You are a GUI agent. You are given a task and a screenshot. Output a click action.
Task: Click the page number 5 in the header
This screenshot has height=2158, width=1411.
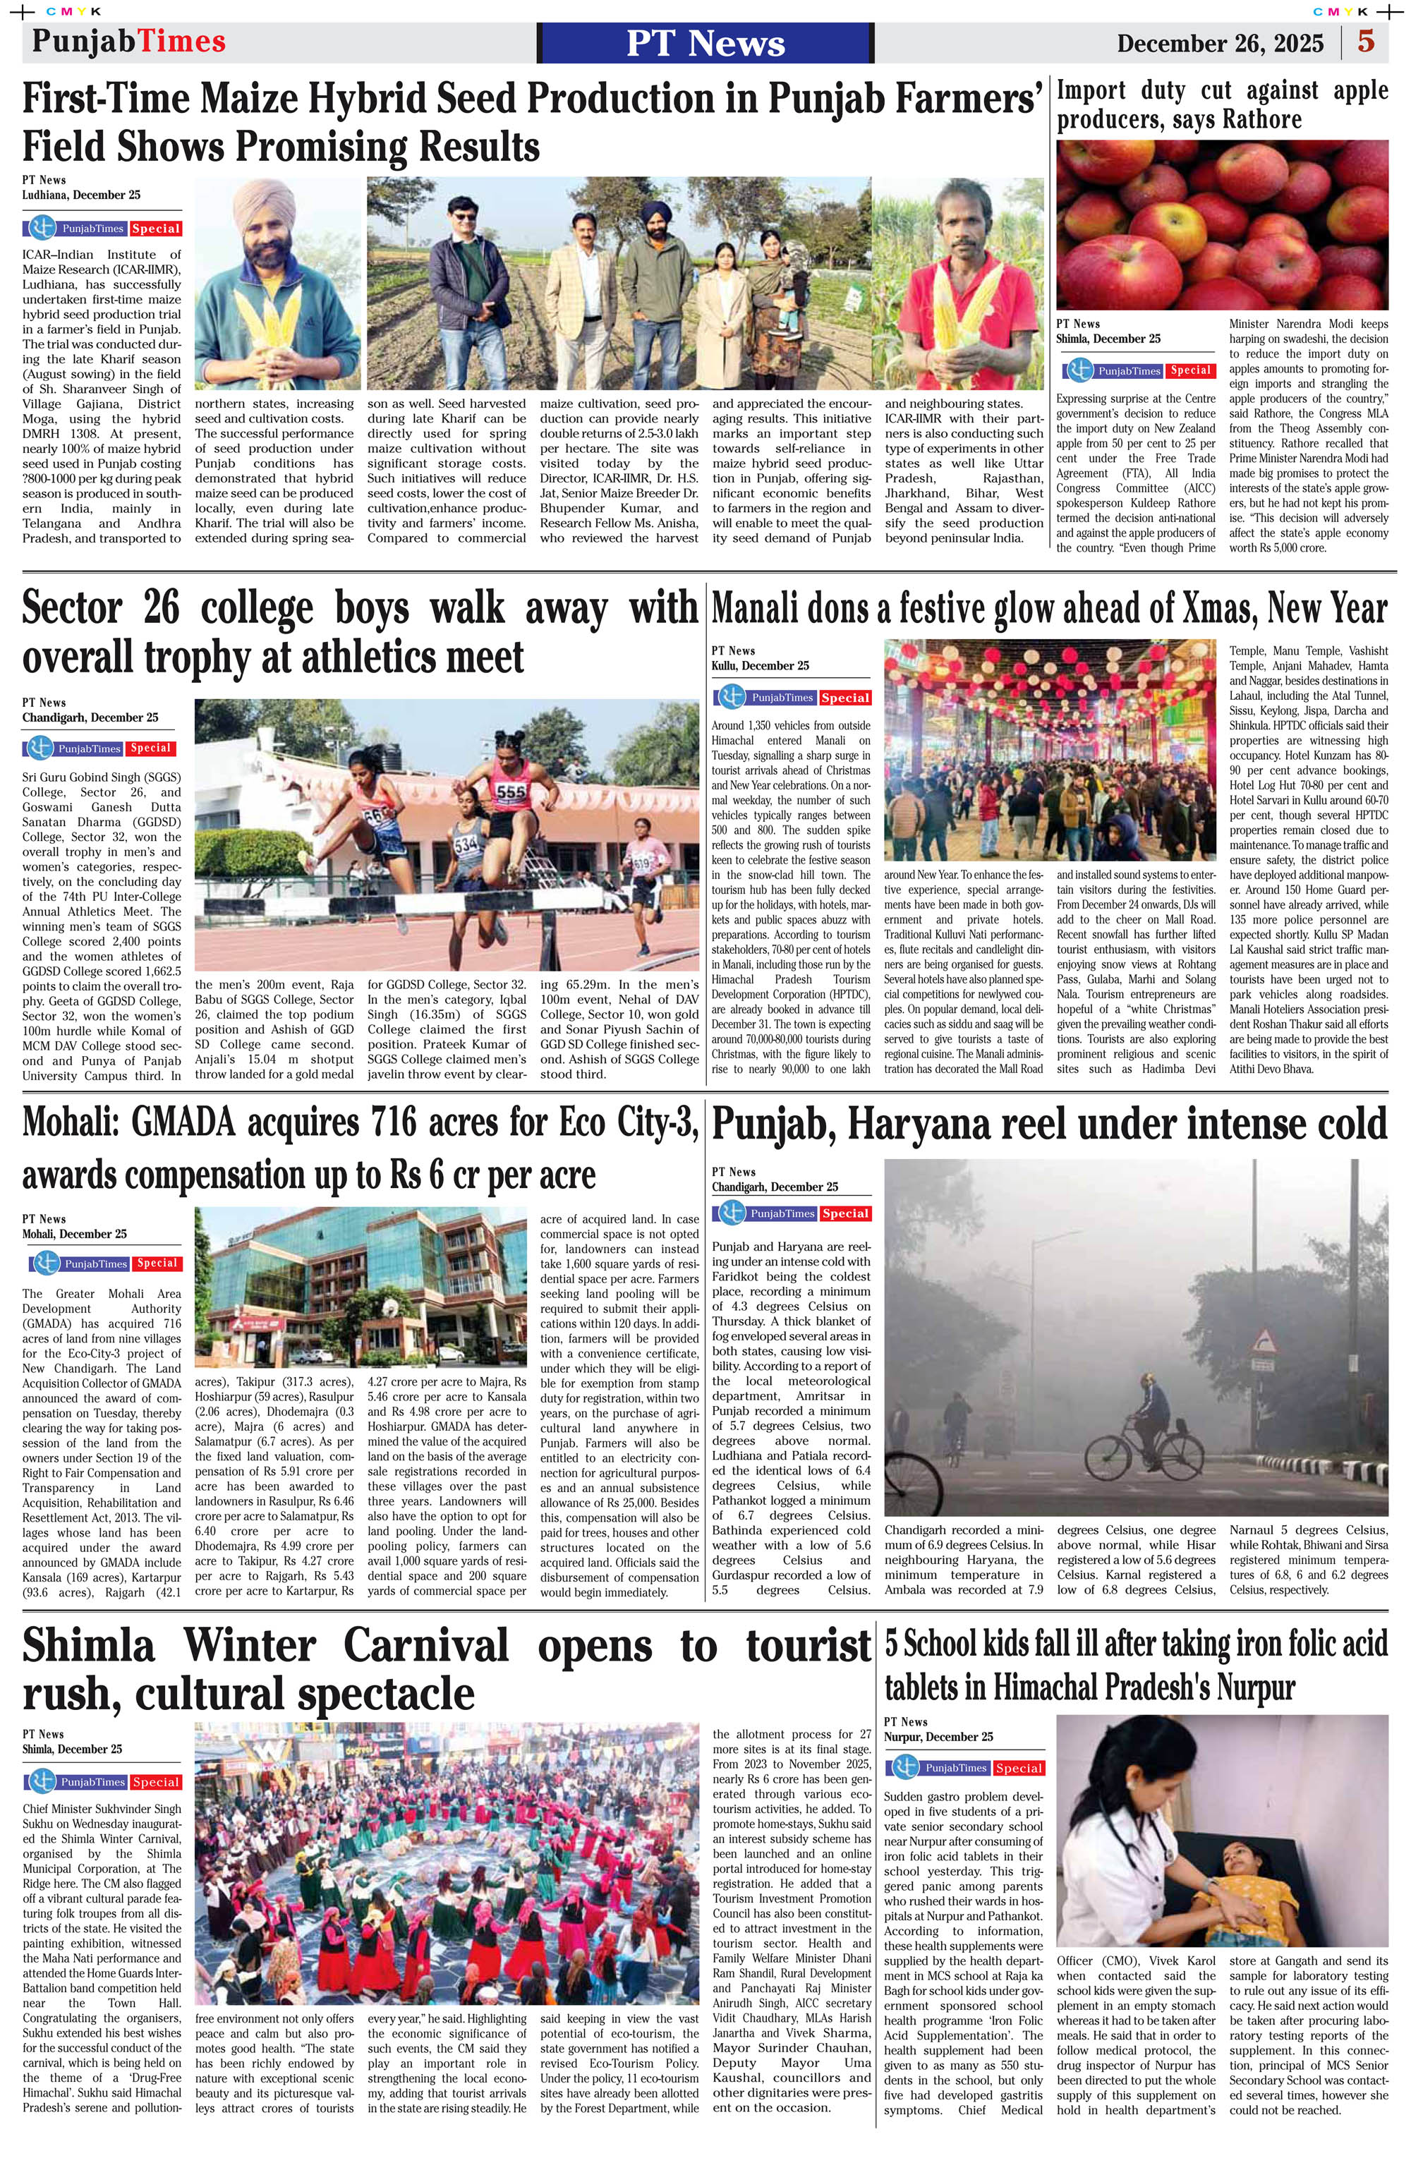coord(1366,42)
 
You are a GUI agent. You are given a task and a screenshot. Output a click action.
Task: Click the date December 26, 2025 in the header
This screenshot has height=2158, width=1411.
coord(1220,44)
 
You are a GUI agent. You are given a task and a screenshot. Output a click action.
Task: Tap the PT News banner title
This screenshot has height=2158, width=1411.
coord(705,44)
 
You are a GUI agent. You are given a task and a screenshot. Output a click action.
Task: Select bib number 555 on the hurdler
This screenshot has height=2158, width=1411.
coord(509,792)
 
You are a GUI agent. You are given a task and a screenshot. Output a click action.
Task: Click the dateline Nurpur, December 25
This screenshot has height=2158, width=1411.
coord(938,1736)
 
